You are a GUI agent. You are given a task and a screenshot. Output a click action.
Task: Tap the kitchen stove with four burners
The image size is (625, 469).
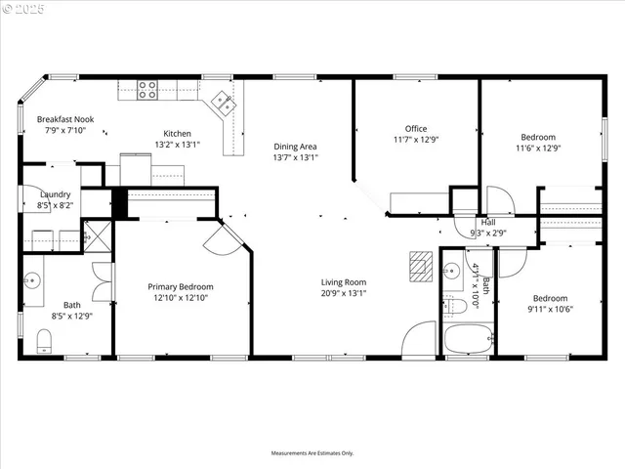click(x=146, y=90)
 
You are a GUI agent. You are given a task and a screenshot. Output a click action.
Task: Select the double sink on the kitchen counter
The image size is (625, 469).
click(x=223, y=99)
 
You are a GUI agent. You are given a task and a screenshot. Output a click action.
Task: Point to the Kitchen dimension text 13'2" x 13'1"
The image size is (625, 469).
click(x=177, y=145)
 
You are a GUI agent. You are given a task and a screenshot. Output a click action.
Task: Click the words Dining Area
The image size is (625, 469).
click(x=295, y=147)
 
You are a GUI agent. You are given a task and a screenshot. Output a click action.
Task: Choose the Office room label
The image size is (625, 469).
click(x=416, y=128)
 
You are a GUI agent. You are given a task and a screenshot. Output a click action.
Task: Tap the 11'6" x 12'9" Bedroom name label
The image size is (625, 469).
click(x=538, y=137)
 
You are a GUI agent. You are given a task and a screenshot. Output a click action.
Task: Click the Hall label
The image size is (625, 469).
click(x=487, y=223)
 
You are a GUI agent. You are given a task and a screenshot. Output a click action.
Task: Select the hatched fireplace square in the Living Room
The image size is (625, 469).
click(x=420, y=264)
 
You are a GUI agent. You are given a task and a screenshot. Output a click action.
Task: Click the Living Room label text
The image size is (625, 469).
click(x=342, y=281)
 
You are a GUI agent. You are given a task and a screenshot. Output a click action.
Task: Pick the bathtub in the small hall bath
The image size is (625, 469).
click(x=468, y=340)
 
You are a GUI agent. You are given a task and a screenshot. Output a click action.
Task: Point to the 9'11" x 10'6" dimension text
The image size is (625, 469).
click(x=552, y=310)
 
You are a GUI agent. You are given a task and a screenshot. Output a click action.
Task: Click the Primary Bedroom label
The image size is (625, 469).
click(x=181, y=286)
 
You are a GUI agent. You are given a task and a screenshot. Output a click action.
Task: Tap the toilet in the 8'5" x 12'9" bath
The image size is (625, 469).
click(x=43, y=339)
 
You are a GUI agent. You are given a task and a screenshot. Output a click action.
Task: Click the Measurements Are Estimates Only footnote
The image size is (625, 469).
click(x=312, y=452)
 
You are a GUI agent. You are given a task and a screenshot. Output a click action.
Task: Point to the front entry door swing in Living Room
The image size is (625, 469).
click(x=418, y=338)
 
